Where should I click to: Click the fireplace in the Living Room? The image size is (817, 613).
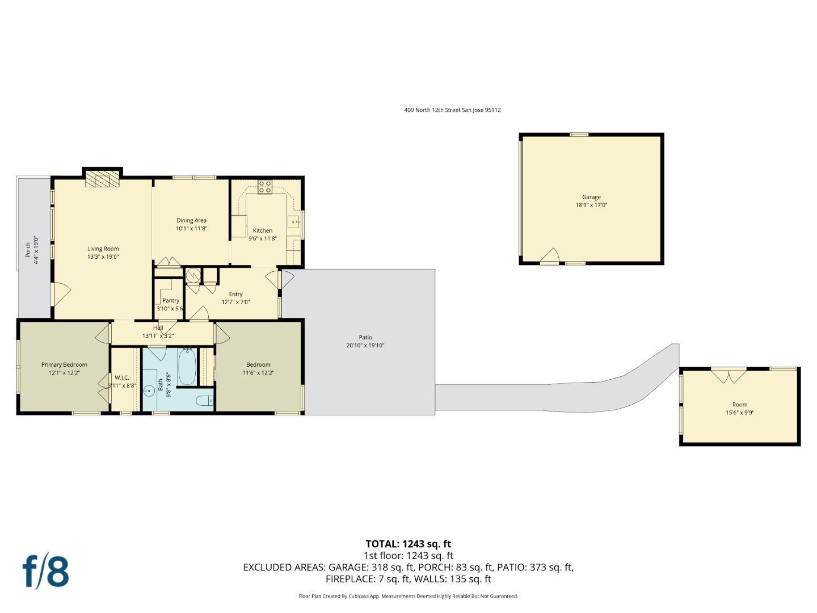point(103,180)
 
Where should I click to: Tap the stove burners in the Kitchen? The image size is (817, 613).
point(265,187)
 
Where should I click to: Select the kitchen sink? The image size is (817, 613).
point(293,222)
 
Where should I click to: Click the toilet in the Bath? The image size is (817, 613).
point(204,401)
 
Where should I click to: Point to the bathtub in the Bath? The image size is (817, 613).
point(187,367)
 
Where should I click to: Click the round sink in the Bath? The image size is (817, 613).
point(149,391)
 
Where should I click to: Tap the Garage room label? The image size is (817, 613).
point(591,198)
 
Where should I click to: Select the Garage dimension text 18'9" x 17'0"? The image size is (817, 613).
point(591,205)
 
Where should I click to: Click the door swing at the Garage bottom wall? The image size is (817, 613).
point(550,257)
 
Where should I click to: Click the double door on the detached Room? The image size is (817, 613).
point(729,376)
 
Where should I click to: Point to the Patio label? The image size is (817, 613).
point(365,338)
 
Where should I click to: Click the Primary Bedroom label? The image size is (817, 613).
point(64,365)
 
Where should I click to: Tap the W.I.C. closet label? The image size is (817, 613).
point(122,377)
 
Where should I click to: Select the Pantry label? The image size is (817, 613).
point(170,301)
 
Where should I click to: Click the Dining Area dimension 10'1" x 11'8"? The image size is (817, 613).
point(191,229)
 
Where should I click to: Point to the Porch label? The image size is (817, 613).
point(28,250)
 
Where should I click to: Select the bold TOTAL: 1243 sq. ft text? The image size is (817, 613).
point(408,544)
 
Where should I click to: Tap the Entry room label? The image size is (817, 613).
point(235,294)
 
